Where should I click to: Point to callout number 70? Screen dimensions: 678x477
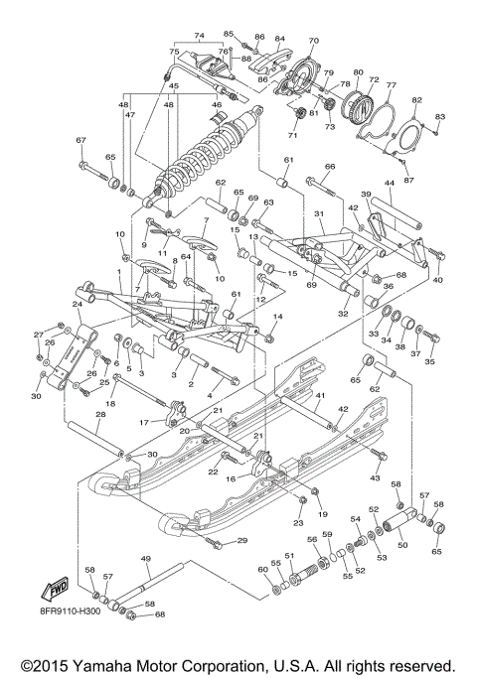[313, 41]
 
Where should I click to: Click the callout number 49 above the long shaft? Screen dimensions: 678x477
[147, 561]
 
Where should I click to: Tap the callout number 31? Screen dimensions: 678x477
[320, 215]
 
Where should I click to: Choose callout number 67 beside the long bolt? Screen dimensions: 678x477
[81, 140]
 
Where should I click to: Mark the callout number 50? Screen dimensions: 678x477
[402, 545]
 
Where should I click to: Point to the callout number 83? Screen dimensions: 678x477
[439, 117]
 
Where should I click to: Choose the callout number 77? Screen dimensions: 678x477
[392, 86]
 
